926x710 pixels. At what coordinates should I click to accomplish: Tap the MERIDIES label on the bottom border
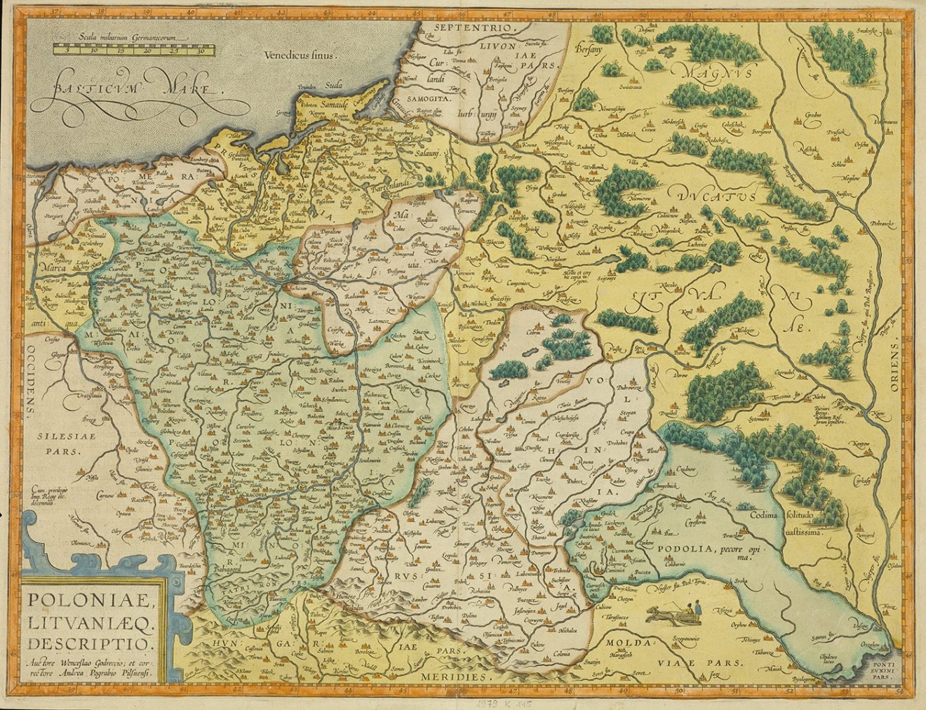coord(453,676)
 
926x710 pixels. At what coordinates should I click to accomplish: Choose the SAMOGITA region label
coord(431,101)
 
